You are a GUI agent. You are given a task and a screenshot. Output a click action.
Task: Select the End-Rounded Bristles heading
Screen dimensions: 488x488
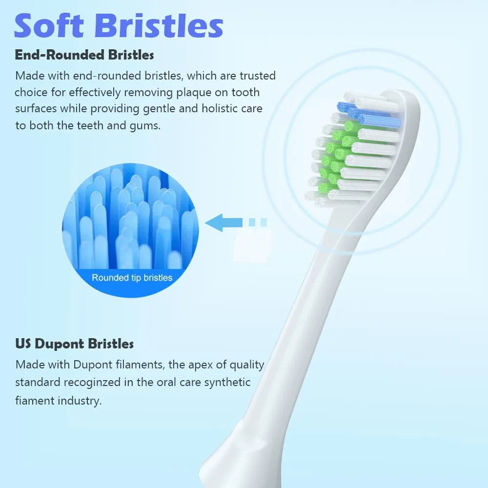84,55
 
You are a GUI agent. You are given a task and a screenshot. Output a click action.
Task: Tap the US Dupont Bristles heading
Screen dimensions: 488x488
74,344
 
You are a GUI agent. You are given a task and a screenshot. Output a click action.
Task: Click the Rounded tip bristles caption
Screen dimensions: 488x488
132,278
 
